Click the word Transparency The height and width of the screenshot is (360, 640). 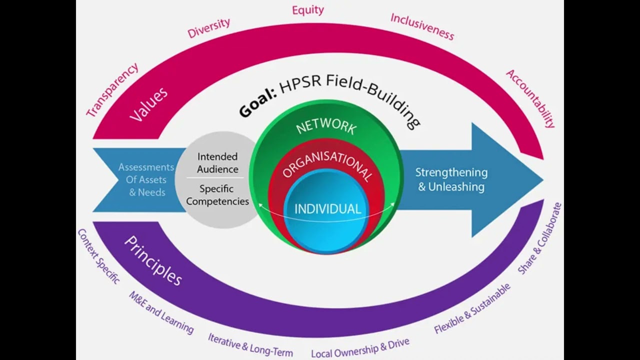point(112,90)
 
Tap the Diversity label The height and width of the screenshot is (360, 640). point(209,28)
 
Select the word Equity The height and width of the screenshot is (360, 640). point(308,10)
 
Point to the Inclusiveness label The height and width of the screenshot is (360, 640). point(422,26)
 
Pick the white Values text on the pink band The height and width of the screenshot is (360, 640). point(148,104)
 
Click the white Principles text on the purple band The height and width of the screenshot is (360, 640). point(152,260)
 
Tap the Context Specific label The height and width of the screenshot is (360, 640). point(98,256)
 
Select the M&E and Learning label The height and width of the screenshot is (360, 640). point(161,312)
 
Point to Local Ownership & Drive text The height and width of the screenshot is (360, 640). point(360,347)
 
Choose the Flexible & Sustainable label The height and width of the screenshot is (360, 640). point(472,308)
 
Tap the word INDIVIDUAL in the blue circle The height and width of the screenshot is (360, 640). point(327,209)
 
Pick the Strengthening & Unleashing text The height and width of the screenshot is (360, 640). point(451,179)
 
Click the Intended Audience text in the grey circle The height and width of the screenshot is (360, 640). point(217,163)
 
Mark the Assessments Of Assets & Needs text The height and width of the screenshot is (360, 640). point(146,179)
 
